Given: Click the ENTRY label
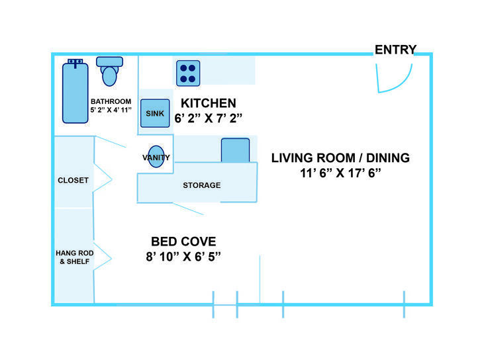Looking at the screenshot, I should click(395, 50).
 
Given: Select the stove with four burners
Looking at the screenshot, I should click(188, 72).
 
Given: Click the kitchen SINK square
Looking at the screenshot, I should click(155, 113).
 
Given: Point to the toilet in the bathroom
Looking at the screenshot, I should click(110, 71).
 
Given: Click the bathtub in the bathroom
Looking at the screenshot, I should click(75, 93).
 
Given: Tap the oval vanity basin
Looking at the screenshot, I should click(156, 157).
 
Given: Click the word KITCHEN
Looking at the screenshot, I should click(209, 103).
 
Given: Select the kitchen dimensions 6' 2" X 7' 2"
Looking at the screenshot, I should click(209, 119).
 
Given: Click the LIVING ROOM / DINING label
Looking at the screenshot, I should click(341, 157).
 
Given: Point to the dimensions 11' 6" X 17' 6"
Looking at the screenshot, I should click(341, 173).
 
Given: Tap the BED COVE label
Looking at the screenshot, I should click(183, 242).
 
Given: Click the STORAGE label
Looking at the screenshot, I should click(201, 185).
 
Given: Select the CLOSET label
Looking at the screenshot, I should click(73, 180).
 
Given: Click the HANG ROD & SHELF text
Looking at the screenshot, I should click(73, 257).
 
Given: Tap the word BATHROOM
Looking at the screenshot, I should click(111, 101).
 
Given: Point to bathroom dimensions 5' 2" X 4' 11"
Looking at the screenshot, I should click(111, 110).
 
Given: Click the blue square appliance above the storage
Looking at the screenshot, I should click(235, 150).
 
